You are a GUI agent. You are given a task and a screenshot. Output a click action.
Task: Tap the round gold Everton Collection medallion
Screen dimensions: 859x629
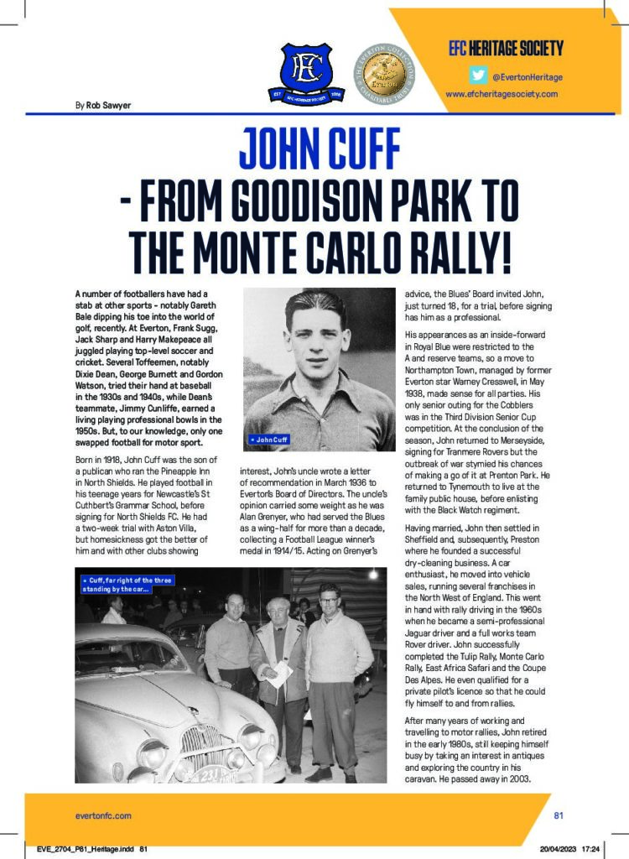click(385, 73)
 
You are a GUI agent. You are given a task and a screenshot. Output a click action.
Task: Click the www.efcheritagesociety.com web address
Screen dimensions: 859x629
click(502, 94)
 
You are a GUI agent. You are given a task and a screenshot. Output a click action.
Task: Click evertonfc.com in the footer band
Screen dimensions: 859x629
click(103, 815)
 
